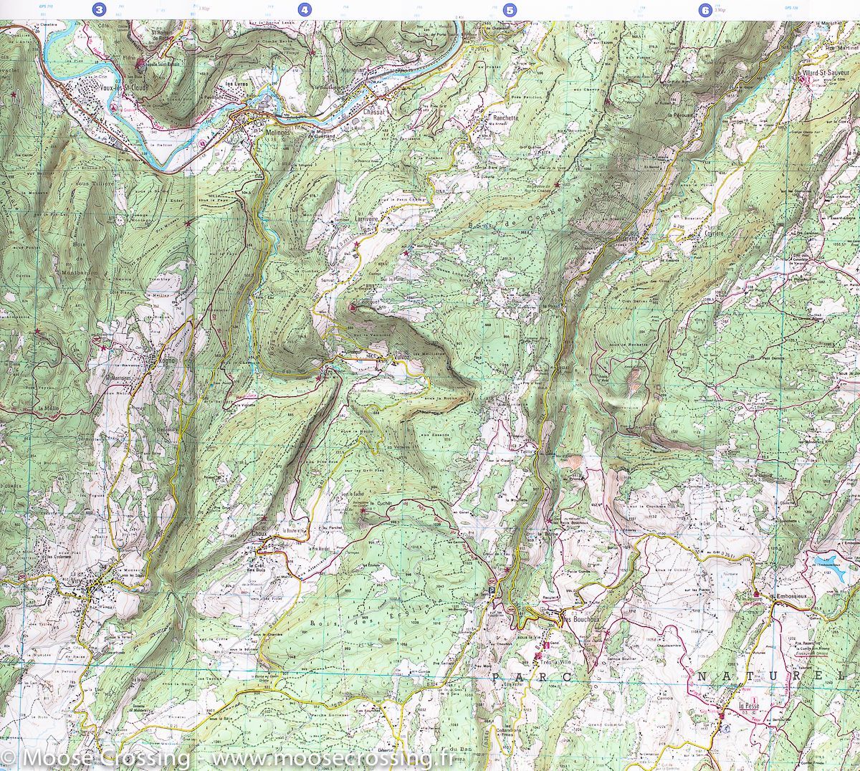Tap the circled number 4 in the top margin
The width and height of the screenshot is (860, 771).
tap(306, 10)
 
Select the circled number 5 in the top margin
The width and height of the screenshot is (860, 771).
tap(510, 10)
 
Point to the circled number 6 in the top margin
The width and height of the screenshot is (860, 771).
tap(706, 10)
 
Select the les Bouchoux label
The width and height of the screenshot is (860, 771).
tap(579, 620)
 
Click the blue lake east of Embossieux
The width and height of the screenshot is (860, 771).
tap(831, 561)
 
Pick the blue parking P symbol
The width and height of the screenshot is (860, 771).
tap(492, 590)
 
